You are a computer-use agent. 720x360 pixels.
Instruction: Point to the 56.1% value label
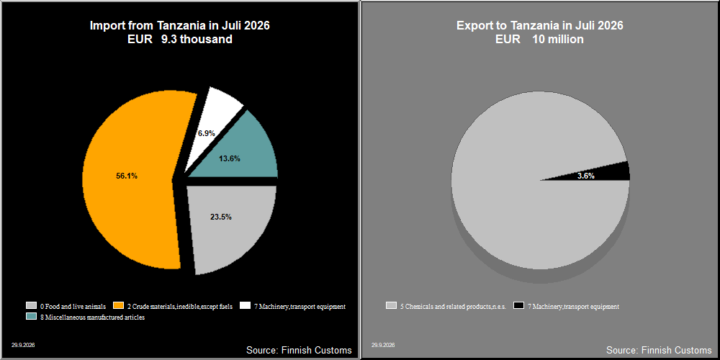click(x=126, y=176)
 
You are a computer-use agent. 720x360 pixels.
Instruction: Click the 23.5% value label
click(x=221, y=217)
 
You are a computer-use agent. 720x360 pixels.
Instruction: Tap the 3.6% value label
click(x=586, y=176)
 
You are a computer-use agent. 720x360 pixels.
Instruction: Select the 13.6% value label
click(x=229, y=158)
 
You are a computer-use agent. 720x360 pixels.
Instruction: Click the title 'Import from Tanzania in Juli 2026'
click(x=179, y=25)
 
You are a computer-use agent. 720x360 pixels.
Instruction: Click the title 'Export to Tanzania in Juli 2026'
click(x=539, y=25)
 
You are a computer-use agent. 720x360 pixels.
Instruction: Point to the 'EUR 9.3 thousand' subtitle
click(x=179, y=40)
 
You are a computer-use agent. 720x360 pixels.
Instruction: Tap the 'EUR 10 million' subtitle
click(x=539, y=40)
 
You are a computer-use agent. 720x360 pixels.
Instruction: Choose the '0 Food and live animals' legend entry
click(x=66, y=306)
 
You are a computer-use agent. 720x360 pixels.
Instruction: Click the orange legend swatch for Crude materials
click(x=119, y=305)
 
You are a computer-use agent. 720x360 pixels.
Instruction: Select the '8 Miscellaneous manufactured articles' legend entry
click(x=86, y=318)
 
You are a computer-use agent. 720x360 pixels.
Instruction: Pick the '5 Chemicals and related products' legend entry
click(x=446, y=306)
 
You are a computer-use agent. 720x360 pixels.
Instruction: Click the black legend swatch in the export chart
click(x=518, y=305)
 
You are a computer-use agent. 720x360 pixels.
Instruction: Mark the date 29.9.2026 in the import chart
click(x=23, y=345)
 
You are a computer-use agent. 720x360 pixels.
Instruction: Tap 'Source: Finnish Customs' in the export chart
click(x=659, y=350)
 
